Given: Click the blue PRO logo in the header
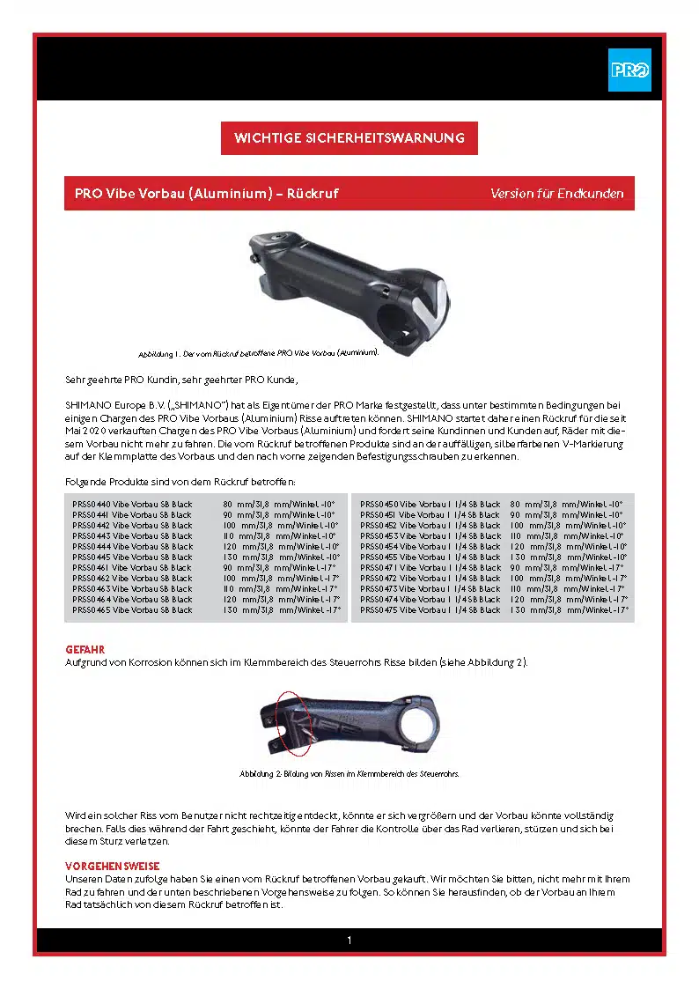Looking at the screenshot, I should (x=629, y=70).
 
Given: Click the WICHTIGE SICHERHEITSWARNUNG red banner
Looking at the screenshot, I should (x=349, y=138).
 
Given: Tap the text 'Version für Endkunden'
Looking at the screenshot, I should (x=556, y=193).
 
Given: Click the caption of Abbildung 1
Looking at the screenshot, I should (x=258, y=353).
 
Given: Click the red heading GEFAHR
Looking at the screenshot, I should (x=85, y=649).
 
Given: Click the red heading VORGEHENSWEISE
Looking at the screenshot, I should (x=113, y=867).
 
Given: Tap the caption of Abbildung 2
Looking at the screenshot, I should (x=349, y=774).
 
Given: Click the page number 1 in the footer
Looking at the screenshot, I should (x=349, y=941).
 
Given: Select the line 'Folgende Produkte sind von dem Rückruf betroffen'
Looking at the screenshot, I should (x=180, y=482).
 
